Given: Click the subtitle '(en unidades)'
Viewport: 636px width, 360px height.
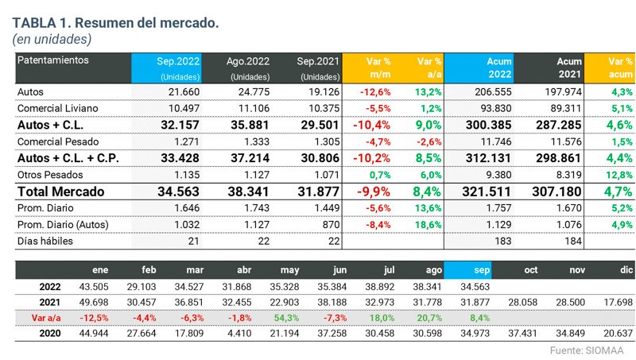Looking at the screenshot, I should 52,38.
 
